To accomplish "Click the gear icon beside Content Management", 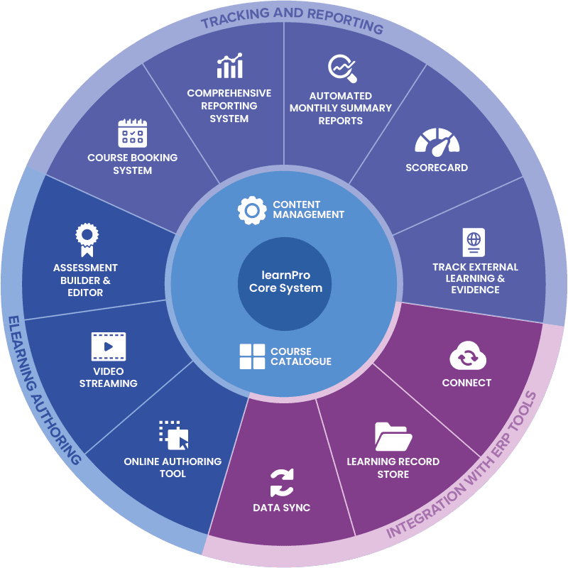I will point(251,210).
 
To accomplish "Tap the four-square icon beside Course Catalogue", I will point(251,356).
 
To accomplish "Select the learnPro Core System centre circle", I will point(284,283).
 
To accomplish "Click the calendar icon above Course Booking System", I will point(132,133).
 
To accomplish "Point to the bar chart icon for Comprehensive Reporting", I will point(229,66).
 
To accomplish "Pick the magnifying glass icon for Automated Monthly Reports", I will point(341,69).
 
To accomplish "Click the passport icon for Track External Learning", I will point(473,241).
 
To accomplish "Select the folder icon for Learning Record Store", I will point(393,437).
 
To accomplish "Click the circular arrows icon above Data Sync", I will point(281,484).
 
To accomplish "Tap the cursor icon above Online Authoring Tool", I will point(173,435).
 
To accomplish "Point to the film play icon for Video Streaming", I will point(108,346).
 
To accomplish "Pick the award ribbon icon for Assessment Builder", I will point(86,239).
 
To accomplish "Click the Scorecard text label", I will point(437,168).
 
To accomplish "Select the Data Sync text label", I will point(281,508).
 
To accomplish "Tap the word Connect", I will point(466,383).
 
